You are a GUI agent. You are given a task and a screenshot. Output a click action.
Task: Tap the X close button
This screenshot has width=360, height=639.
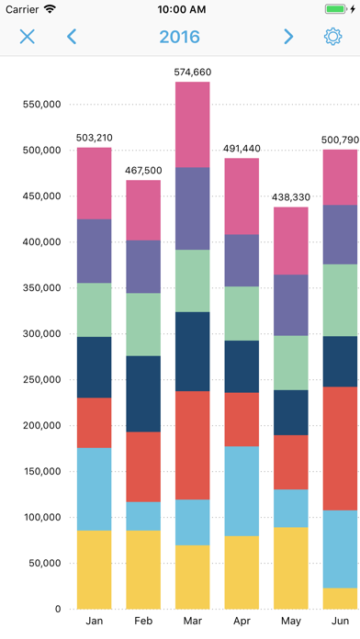pos(28,37)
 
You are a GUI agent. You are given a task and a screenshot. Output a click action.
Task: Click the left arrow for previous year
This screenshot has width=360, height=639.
pos(72,37)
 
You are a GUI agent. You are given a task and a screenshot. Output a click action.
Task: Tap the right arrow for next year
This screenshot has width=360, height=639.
pos(288,37)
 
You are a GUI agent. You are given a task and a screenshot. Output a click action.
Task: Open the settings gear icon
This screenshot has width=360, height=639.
pos(332,37)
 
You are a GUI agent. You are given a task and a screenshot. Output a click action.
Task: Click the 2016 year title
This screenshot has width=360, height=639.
pos(179,37)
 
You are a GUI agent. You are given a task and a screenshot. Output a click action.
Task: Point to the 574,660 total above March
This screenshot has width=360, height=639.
pos(193,72)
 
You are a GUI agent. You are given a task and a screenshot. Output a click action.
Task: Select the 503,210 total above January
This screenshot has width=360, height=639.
pos(95,138)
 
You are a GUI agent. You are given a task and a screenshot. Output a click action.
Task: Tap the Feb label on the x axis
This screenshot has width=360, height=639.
pos(143,622)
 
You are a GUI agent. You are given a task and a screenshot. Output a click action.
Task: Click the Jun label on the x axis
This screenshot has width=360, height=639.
pos(340,622)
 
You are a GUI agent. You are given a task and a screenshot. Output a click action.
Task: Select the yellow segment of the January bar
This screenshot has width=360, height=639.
pos(95,569)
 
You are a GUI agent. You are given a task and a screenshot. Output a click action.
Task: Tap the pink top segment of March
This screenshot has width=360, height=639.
pos(193,125)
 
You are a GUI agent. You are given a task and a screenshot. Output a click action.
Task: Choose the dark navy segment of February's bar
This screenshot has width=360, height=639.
pos(143,394)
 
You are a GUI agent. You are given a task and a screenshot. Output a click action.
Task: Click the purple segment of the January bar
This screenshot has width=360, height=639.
pos(95,251)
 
